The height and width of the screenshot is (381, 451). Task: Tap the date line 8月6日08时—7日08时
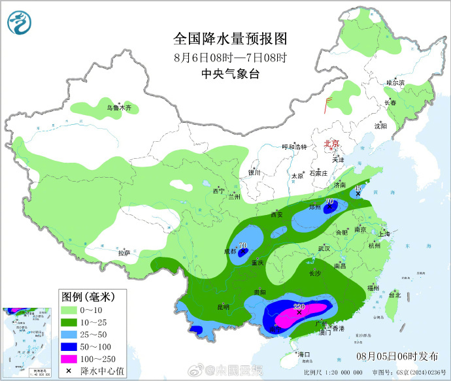pyautogui.click(x=225, y=57)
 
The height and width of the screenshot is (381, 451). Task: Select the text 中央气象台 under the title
pyautogui.click(x=225, y=75)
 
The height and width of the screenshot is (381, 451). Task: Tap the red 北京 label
pyautogui.click(x=332, y=144)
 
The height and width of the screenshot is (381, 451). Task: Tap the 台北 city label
pyautogui.click(x=394, y=295)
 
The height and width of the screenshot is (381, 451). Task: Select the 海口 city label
pyautogui.click(x=303, y=354)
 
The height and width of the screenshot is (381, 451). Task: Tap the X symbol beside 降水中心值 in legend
pyautogui.click(x=68, y=371)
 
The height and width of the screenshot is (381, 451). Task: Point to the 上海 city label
pyautogui.click(x=384, y=234)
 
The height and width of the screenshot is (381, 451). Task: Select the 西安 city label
pyautogui.click(x=276, y=214)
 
